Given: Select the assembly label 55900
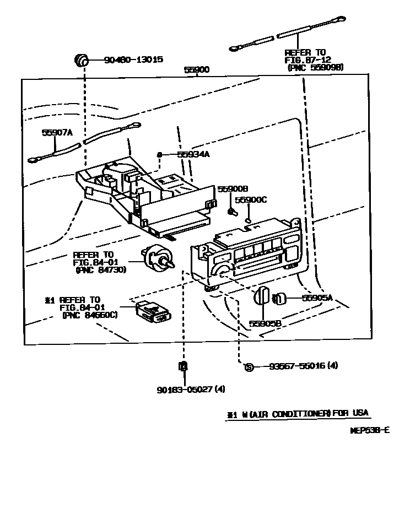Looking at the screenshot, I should pyautogui.click(x=196, y=71).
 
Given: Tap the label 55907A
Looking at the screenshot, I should pyautogui.click(x=57, y=132).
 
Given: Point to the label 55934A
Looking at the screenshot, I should pyautogui.click(x=193, y=155).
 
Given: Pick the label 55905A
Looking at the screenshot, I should pyautogui.click(x=317, y=298).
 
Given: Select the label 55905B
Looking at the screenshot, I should pyautogui.click(x=266, y=323).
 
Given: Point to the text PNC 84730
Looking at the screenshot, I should pyautogui.click(x=101, y=270).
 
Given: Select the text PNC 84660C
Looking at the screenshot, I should pyautogui.click(x=90, y=316).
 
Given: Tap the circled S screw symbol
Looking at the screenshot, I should pyautogui.click(x=249, y=367).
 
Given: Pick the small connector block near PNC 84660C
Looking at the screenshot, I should pyautogui.click(x=152, y=312).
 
